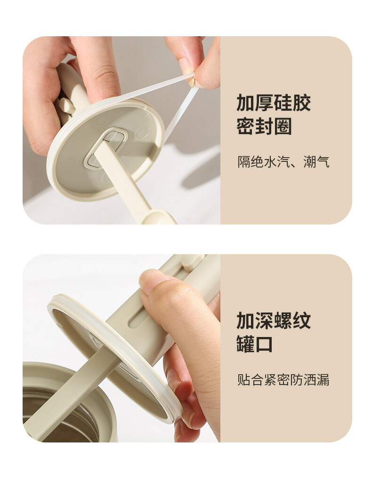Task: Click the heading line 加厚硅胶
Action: pos(273,103)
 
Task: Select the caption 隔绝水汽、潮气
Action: pos(283,162)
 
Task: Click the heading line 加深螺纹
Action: pos(273,321)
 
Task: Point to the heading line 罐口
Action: pos(255,344)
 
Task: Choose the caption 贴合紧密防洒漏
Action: pos(283,380)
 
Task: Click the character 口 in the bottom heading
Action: pos(264,344)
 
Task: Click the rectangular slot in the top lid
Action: pos(105,148)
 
